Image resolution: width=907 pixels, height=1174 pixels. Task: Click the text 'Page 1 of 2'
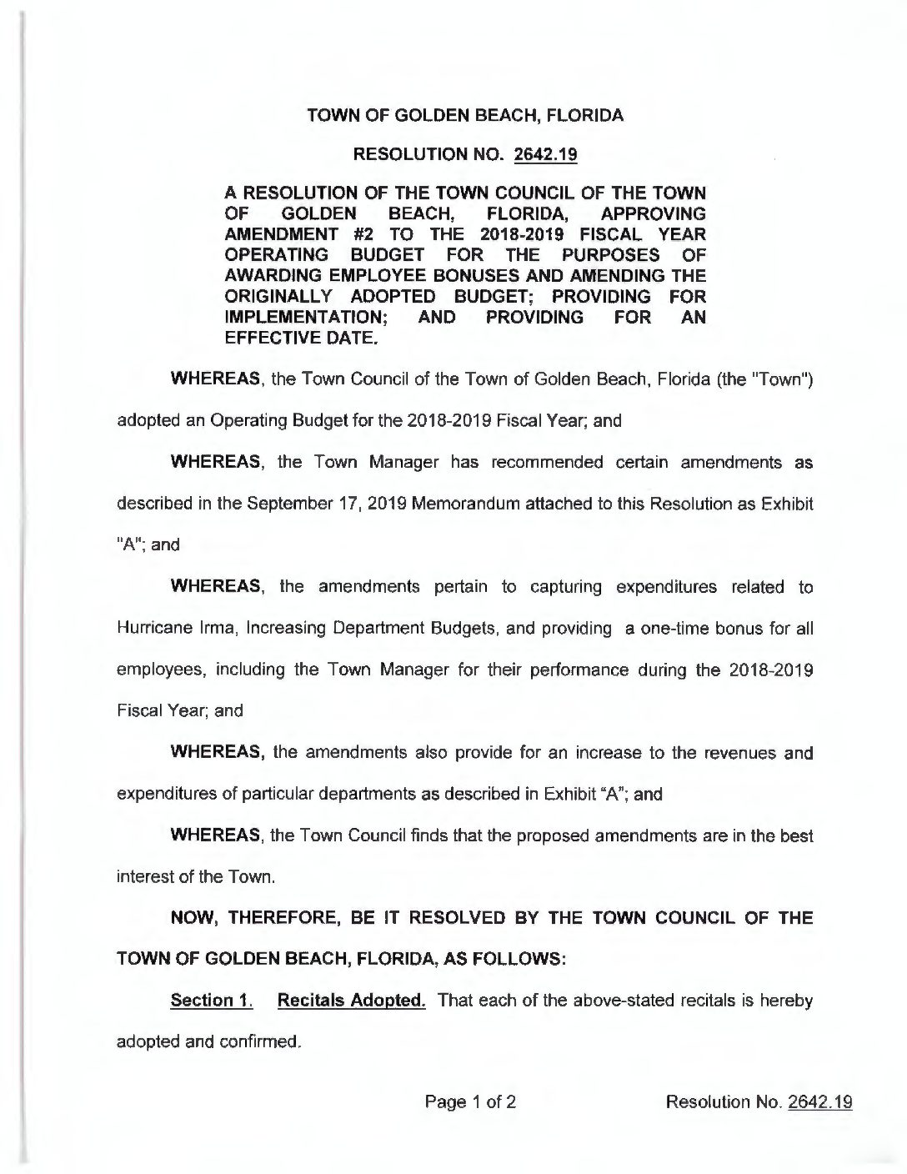(470, 1102)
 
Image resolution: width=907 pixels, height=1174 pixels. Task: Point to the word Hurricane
(153, 629)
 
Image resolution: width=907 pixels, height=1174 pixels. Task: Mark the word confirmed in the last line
(259, 1042)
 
